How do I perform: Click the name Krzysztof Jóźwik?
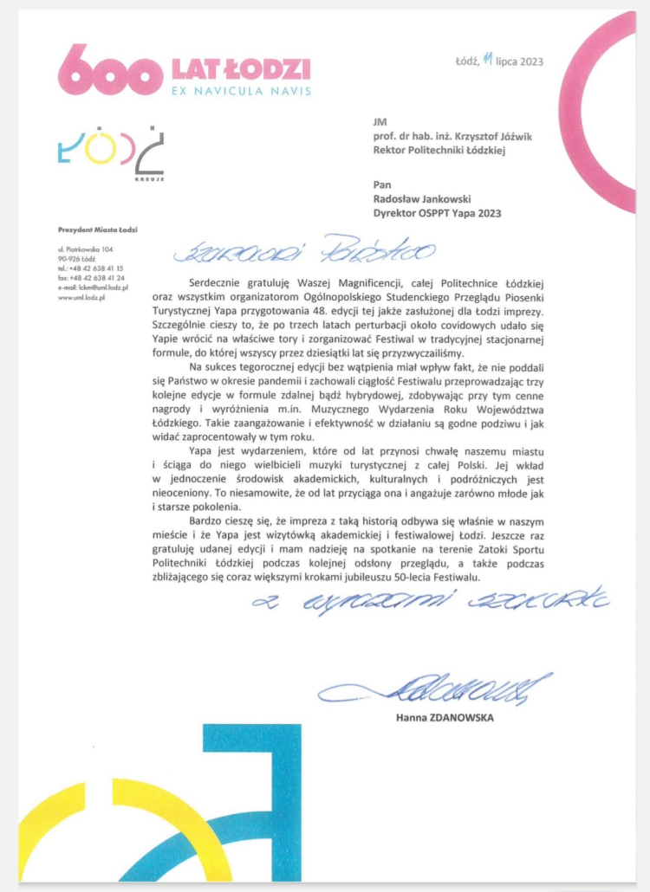click(458, 137)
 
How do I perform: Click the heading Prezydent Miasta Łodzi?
click(98, 229)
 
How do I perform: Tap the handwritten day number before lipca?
click(488, 59)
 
